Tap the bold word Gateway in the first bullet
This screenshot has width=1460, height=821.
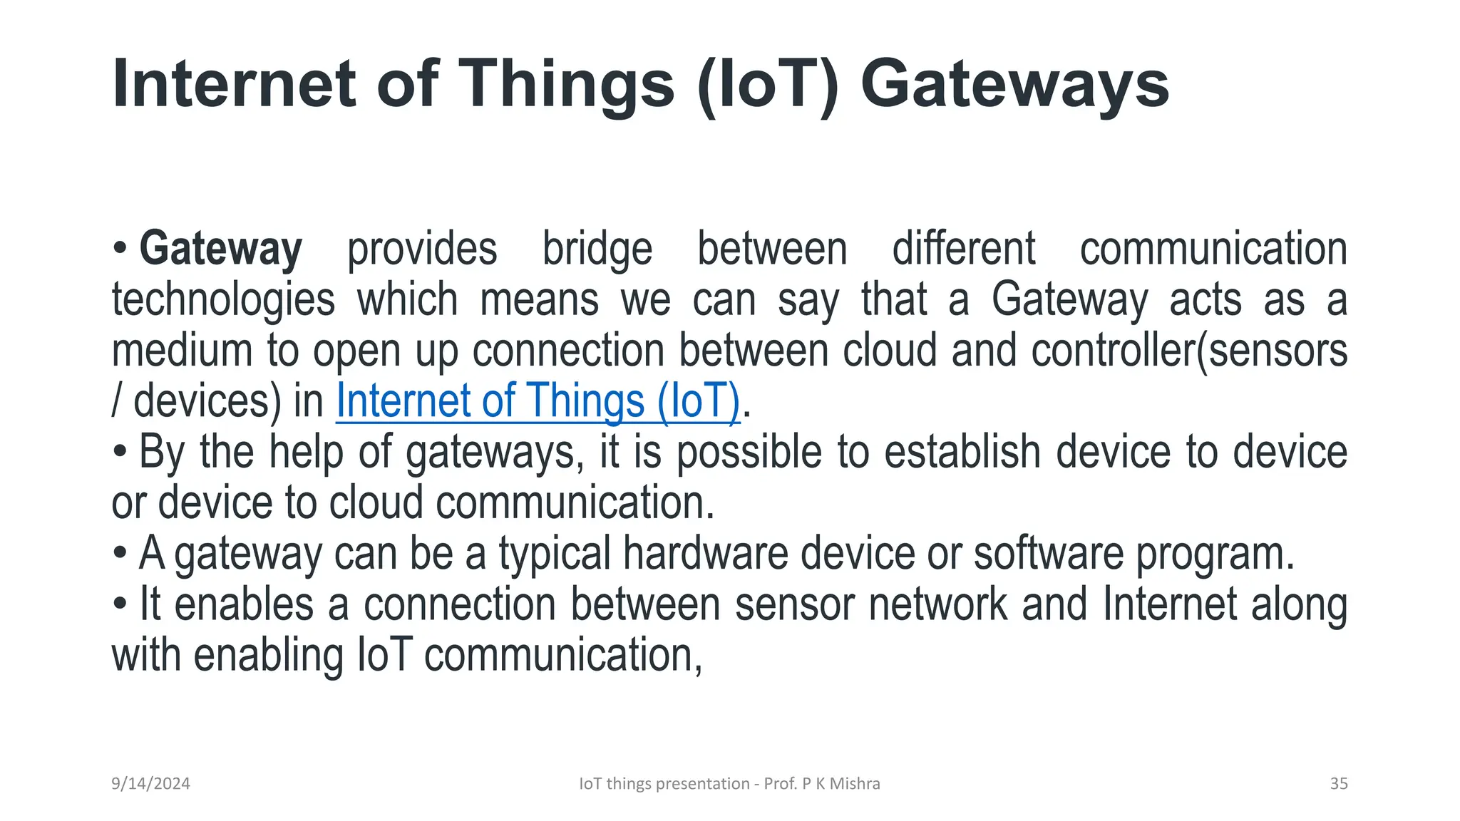(x=220, y=249)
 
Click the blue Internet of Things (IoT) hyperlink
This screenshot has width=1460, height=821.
(x=538, y=401)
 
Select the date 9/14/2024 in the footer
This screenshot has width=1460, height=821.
(x=150, y=783)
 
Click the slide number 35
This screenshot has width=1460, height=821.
(x=1338, y=783)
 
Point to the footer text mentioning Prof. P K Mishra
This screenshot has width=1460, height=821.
(x=729, y=783)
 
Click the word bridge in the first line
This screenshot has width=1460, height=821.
(x=597, y=249)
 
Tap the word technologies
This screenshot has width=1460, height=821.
(x=223, y=300)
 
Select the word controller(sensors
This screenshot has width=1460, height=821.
(x=1188, y=351)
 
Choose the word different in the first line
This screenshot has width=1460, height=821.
(x=963, y=249)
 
